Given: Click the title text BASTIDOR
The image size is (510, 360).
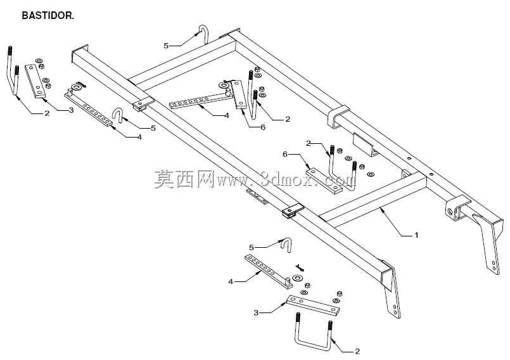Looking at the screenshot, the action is tap(48, 15).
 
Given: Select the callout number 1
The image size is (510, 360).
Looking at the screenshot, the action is tap(416, 235).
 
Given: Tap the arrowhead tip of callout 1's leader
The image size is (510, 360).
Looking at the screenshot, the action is tap(381, 208).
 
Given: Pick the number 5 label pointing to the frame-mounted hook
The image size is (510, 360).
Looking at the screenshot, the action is tap(166, 46).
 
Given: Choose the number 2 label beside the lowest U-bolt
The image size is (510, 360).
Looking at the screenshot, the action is tap(357, 351).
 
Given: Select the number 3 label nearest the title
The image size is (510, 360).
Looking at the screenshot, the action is tap(71, 110).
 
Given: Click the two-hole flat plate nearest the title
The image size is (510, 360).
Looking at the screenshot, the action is tap(35, 80).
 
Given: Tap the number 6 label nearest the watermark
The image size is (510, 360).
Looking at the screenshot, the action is tap(285, 154).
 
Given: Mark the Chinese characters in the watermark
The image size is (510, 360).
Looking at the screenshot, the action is tap(184, 179).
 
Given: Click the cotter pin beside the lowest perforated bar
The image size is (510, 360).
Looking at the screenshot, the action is tap(300, 268).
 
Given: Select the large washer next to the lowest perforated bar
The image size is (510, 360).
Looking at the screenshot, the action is tap(297, 278).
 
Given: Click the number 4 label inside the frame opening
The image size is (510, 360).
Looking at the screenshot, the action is tap(227, 115).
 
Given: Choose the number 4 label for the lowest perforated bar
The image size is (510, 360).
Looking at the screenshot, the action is tap(231, 281).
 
